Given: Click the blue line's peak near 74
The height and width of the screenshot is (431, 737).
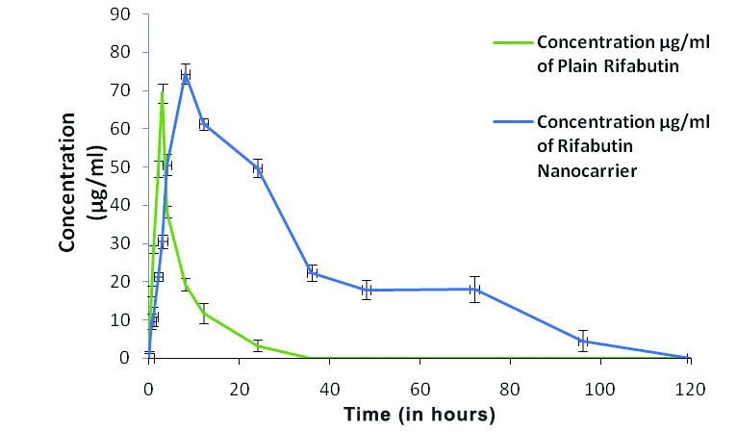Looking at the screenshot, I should pos(185,74).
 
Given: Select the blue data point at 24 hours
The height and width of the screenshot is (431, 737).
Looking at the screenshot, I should pos(257,168).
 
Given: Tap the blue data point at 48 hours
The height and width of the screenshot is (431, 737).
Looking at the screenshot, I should pos(366,290).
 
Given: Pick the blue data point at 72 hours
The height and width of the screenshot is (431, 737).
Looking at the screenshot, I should pos(474,289).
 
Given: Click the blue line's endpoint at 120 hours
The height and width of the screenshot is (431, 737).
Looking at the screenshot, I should pos(689,358).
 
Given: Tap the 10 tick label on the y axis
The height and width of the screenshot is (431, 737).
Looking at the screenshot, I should pos(127,319).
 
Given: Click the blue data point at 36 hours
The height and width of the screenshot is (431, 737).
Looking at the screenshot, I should pos(312,272).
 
